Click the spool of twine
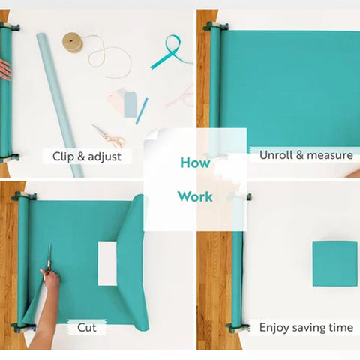coord(73,43)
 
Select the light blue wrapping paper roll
coord(60,105)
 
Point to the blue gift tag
coord(130,105)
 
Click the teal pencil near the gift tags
coord(142,111)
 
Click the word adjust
coord(104,157)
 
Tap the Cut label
coord(87,327)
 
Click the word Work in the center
coord(195,196)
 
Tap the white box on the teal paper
coord(107,263)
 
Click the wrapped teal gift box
coord(335,264)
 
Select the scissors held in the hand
coord(49,262)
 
